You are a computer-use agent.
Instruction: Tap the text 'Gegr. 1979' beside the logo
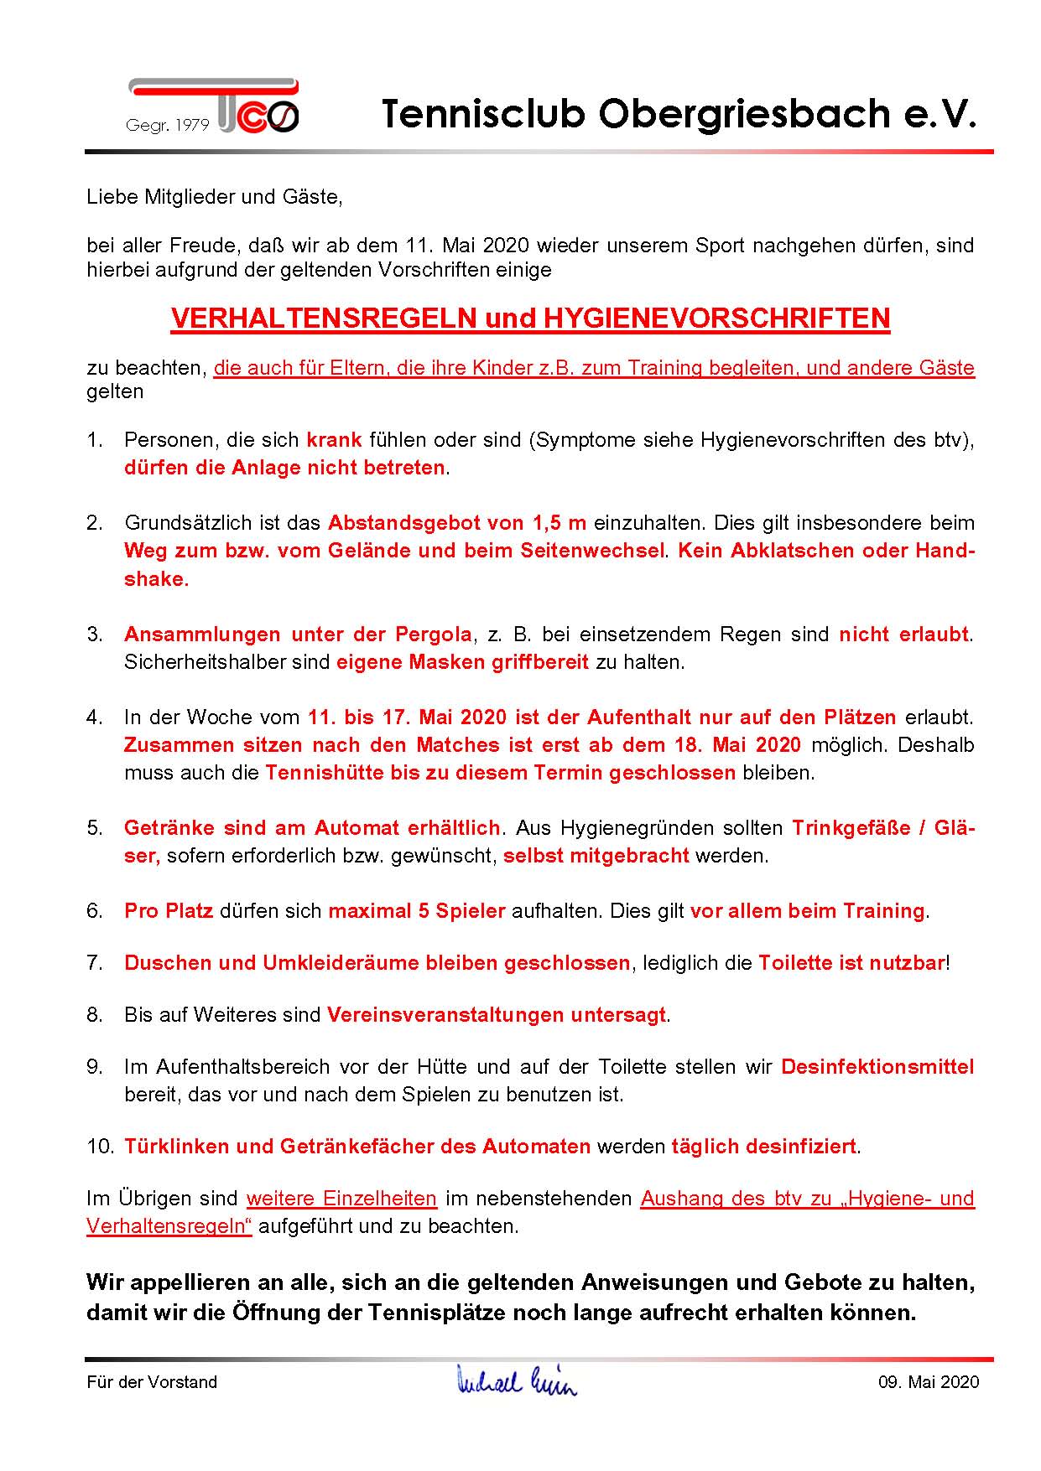(x=167, y=125)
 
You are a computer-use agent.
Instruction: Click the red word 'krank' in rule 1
(x=334, y=440)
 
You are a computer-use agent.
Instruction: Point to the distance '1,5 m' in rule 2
(x=559, y=523)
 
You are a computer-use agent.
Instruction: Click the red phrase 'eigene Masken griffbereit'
(x=462, y=662)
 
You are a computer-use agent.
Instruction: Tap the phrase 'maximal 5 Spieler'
(x=416, y=911)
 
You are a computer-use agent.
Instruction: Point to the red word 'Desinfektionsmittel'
(x=877, y=1067)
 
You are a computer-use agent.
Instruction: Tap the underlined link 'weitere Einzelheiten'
(x=341, y=1199)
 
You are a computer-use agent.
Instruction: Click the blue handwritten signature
(x=517, y=1380)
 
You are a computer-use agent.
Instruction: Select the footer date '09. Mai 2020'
(x=928, y=1382)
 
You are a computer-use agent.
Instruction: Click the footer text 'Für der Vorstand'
(x=152, y=1382)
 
